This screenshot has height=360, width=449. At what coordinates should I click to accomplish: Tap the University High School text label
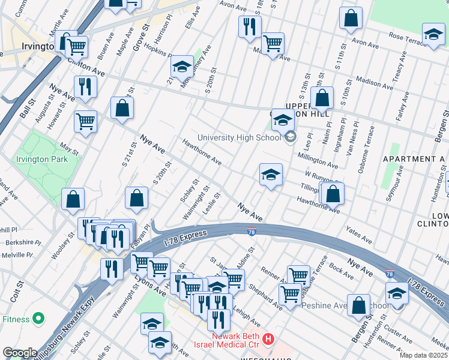(x=239, y=137)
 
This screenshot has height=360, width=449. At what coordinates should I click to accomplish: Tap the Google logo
(x=20, y=353)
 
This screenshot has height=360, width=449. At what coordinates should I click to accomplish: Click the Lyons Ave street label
(x=151, y=281)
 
